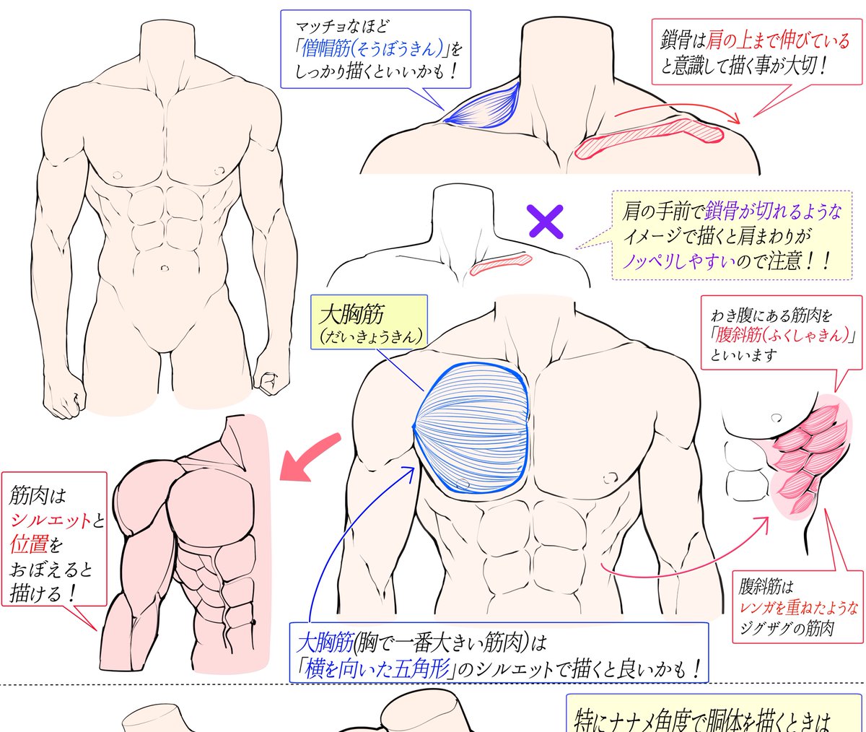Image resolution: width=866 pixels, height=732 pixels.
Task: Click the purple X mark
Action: pos(546,221)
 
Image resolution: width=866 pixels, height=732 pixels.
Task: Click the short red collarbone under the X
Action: pos(499,263)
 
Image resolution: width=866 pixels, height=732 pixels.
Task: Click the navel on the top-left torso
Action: pos(165,268)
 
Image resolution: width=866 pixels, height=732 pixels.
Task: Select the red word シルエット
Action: pos(51,520)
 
